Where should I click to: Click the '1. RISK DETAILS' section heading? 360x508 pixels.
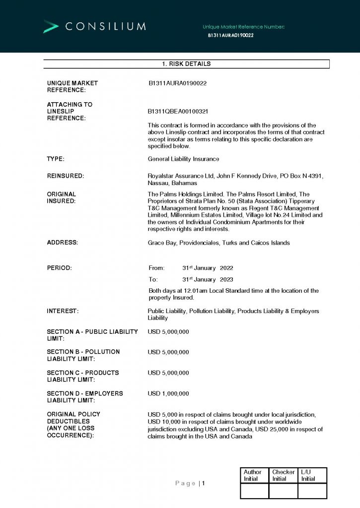tap(186, 64)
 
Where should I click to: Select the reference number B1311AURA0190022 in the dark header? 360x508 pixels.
tap(231, 36)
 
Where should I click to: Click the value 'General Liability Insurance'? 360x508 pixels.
tap(183, 159)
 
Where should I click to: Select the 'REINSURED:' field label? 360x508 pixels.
tap(65, 176)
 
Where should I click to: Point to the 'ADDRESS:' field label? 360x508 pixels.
tap(62, 243)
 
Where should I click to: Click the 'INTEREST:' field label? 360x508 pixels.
tap(63, 311)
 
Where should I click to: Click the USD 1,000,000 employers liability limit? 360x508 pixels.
tap(168, 393)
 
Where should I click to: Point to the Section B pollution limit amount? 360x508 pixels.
tap(168, 352)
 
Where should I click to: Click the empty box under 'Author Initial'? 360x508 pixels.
tap(254, 491)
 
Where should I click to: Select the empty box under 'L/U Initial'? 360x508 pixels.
tap(312, 491)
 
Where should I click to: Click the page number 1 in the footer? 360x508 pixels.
tap(203, 483)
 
